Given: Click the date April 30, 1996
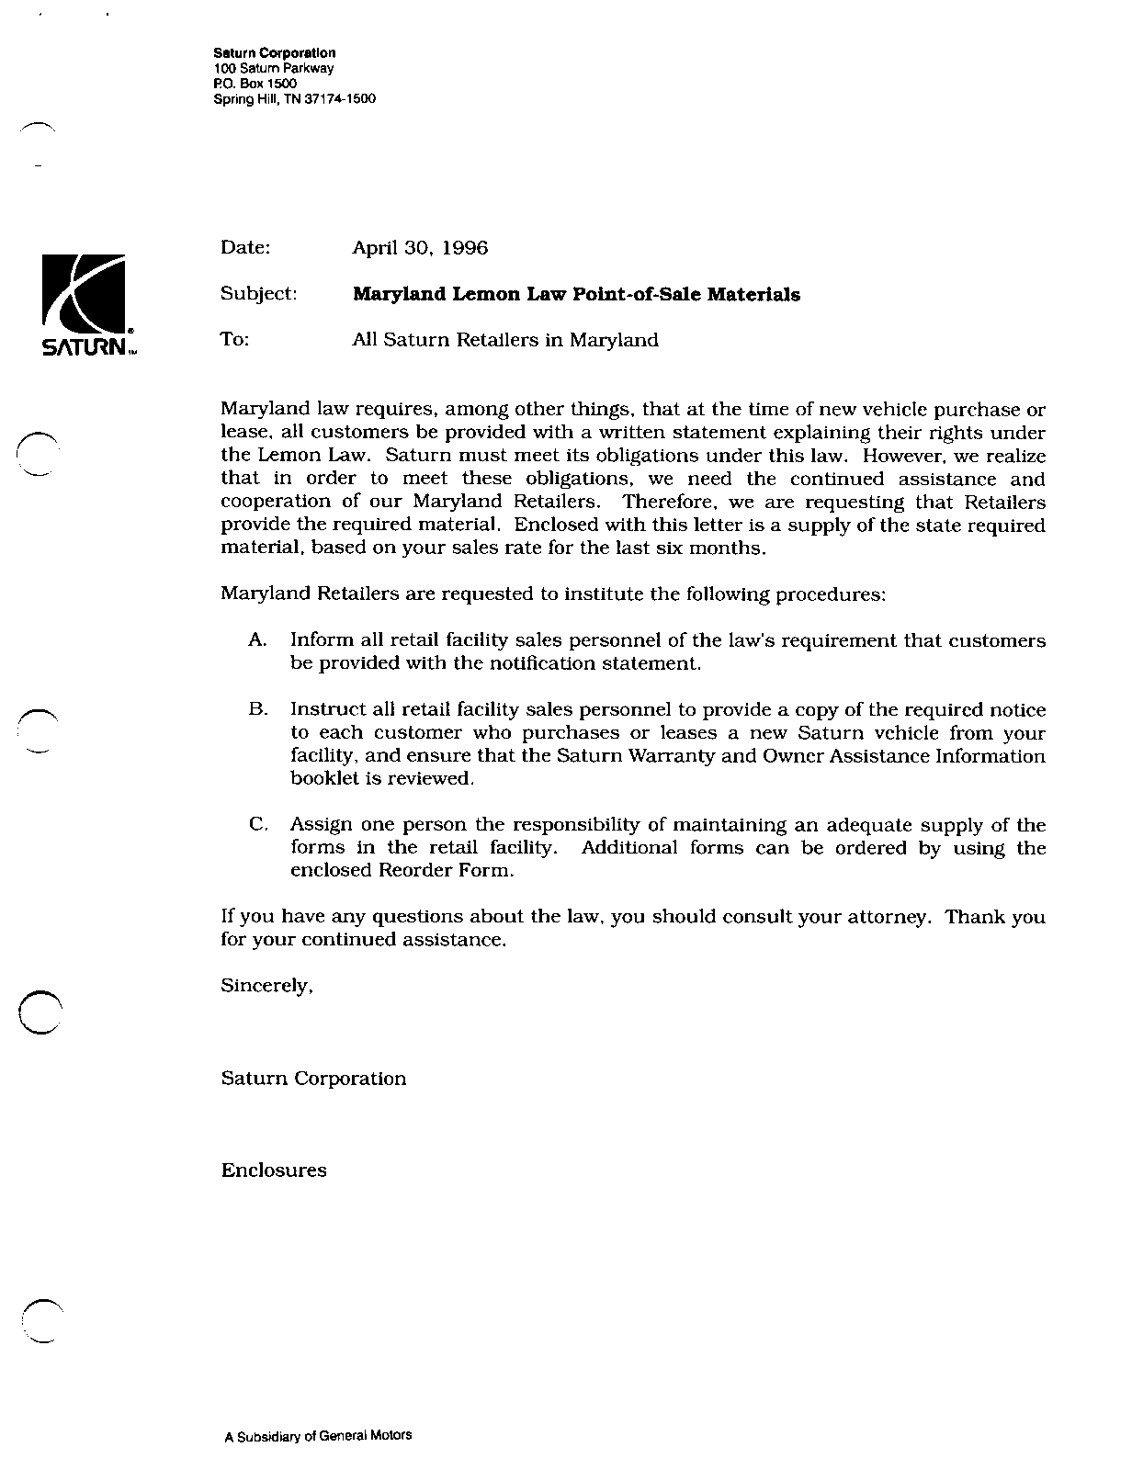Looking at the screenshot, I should coord(420,248).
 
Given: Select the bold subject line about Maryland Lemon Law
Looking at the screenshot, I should coord(576,295).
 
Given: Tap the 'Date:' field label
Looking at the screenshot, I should coord(245,248).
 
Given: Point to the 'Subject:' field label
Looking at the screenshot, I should coord(258,294).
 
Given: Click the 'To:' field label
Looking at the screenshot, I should coord(235,340).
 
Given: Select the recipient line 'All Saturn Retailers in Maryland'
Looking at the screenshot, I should coord(505,340).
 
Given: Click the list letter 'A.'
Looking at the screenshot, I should coord(257,640).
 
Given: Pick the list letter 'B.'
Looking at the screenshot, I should coord(257,710).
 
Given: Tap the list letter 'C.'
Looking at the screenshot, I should coord(258,825).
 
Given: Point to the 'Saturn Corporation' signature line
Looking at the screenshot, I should coord(313,1079).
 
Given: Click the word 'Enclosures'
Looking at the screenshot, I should coord(274,1170).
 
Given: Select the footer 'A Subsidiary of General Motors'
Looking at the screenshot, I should coord(318,1436).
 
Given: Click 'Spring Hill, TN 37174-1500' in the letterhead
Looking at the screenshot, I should coord(294,99).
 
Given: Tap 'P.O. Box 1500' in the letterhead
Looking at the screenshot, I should coord(255,84).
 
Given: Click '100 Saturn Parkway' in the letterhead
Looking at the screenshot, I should coord(273,69).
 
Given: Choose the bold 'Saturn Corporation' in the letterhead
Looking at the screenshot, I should coord(274,53).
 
